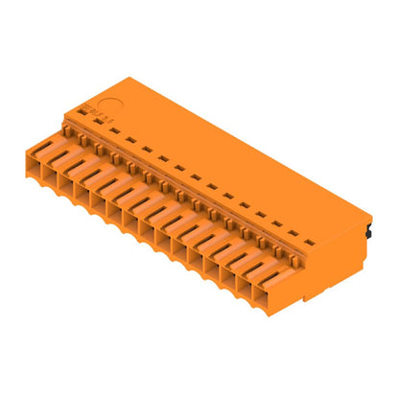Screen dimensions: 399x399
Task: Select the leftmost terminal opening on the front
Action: pos(41,158)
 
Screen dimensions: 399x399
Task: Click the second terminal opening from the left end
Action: pos(59,168)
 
